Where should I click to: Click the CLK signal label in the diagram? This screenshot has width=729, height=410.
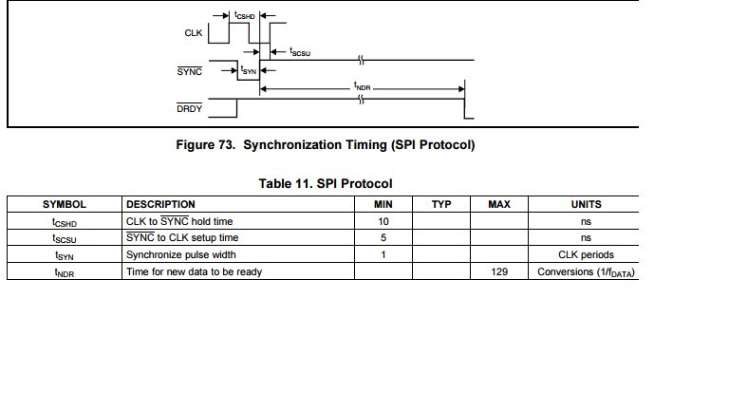(193, 34)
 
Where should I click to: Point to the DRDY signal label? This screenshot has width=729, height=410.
(189, 109)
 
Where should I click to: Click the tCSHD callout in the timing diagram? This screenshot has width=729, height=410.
(245, 15)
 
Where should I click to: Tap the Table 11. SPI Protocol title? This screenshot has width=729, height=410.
(326, 183)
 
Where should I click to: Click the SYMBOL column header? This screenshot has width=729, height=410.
(65, 204)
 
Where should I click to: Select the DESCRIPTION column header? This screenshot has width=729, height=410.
(160, 204)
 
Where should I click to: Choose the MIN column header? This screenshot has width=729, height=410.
(383, 204)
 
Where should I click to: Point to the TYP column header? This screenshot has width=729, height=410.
(440, 204)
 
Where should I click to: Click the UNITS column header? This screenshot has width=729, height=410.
(586, 204)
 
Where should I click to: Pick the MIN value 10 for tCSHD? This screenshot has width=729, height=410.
(383, 221)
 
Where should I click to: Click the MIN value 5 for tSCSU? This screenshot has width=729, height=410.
(383, 237)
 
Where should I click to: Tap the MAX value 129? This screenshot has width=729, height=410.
(500, 271)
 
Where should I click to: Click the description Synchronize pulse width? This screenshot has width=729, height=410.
(180, 254)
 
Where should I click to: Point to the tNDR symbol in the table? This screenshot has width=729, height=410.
(65, 272)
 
